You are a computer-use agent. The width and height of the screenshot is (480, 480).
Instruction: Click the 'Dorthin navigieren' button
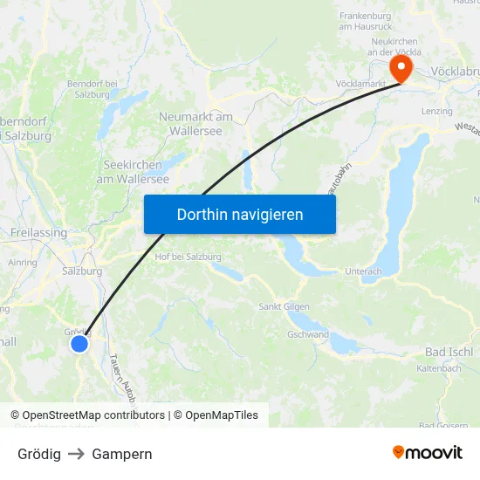[240, 214]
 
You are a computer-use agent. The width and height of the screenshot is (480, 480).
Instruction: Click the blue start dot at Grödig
[79, 344]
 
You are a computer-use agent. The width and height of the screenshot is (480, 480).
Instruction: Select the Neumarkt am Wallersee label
[195, 123]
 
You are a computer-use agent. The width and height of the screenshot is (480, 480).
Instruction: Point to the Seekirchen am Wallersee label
[136, 171]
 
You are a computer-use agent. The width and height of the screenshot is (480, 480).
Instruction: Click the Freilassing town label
[38, 233]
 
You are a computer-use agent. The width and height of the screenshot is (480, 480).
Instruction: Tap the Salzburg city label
[82, 271]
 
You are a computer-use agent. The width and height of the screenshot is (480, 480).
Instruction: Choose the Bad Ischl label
[448, 352]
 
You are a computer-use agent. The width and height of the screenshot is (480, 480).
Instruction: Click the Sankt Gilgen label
[284, 307]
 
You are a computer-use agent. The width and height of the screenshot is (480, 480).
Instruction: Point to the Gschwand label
[307, 334]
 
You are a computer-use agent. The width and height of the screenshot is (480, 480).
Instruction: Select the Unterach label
[363, 271]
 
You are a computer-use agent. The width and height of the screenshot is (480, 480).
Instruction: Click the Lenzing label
[436, 112]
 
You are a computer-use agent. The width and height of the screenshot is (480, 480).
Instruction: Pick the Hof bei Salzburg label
[188, 257]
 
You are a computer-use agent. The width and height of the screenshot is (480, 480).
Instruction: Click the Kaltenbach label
[438, 368]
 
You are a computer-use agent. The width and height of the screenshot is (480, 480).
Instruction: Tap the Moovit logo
[427, 453]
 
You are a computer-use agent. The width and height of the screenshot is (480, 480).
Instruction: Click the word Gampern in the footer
[122, 454]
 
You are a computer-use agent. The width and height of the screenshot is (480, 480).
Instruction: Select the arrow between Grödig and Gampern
[76, 454]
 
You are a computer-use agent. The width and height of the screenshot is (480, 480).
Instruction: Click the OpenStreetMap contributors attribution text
[93, 415]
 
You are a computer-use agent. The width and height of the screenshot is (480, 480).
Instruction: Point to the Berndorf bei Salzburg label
[92, 88]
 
